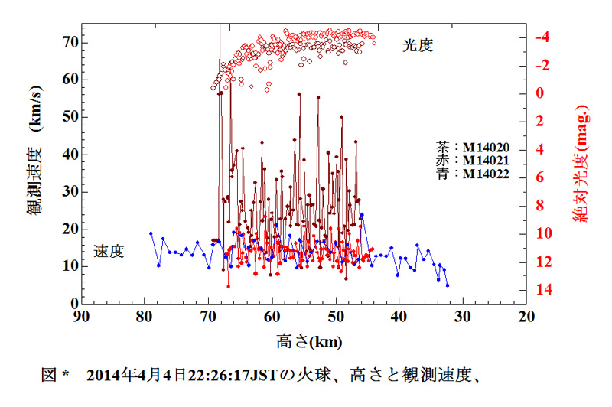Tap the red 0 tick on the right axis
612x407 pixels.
(x=542, y=93)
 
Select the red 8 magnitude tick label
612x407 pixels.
(x=542, y=206)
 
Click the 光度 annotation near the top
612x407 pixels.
(x=418, y=45)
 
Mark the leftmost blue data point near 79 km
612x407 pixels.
(x=151, y=233)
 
